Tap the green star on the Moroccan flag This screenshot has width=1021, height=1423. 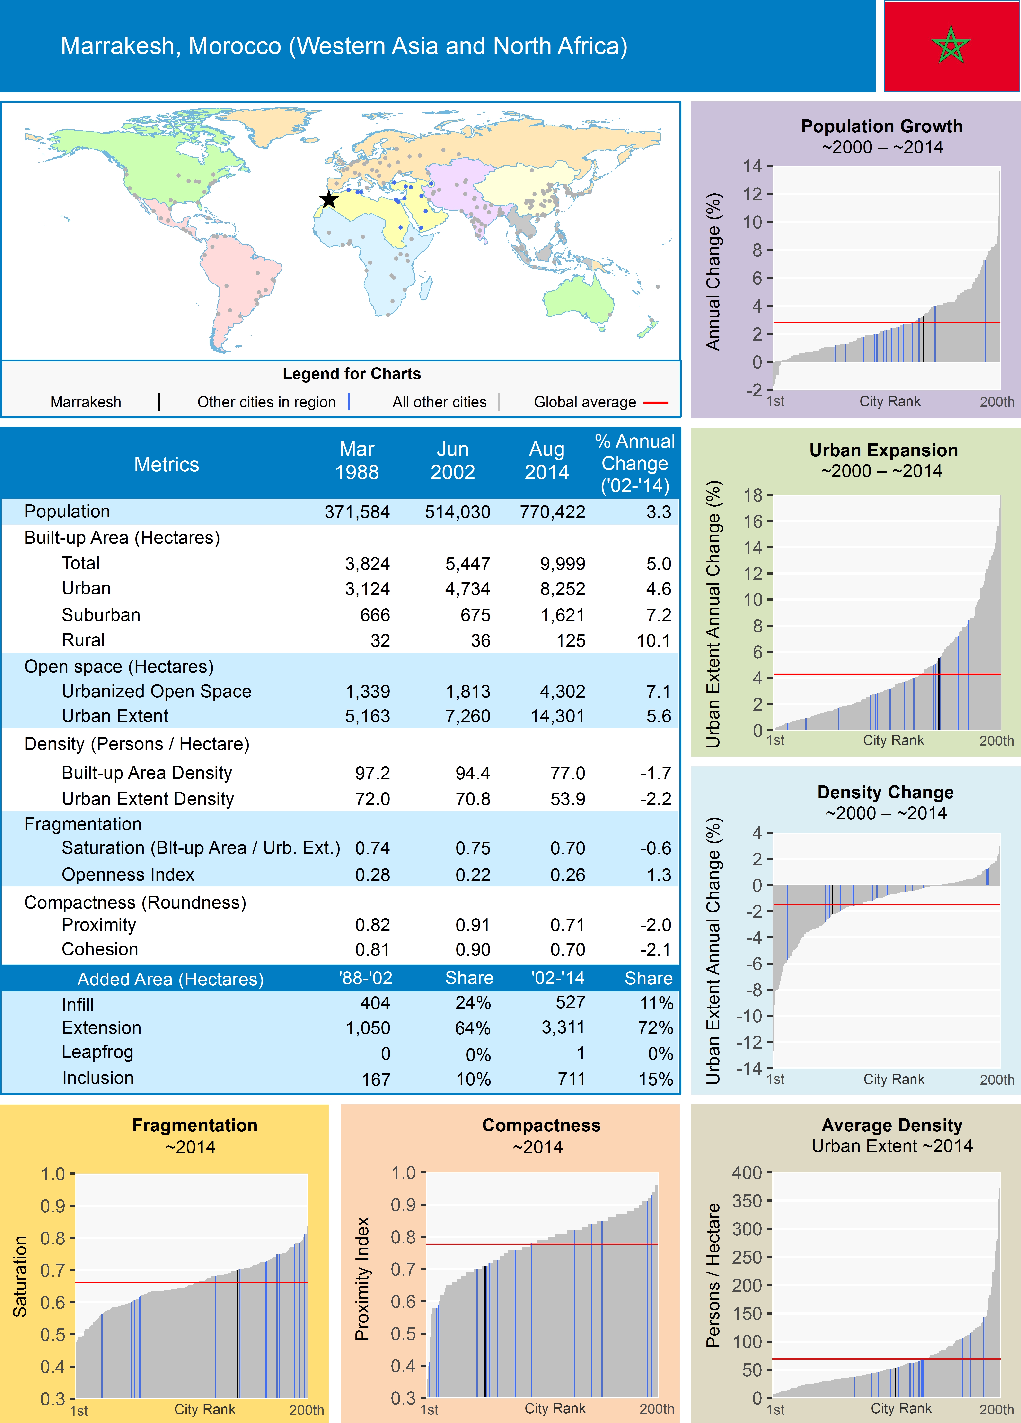[x=951, y=45]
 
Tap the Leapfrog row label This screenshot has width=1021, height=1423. [x=97, y=1052]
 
